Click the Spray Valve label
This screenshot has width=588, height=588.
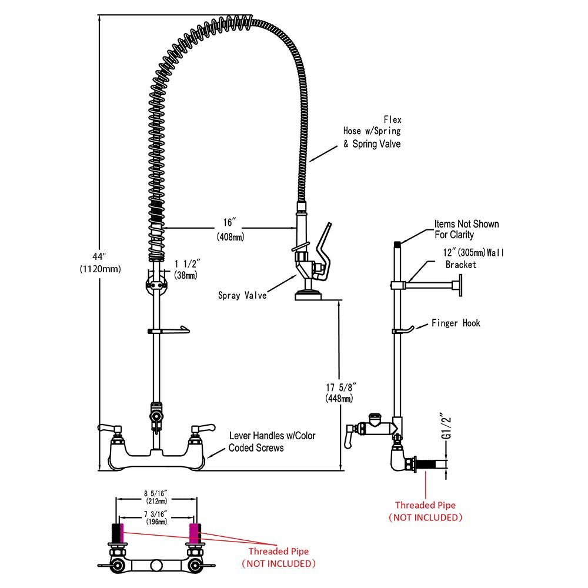tap(242, 296)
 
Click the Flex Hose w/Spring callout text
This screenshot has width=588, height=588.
tap(372, 132)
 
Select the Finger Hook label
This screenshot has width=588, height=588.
tap(456, 323)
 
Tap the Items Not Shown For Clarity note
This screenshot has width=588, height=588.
tap(466, 229)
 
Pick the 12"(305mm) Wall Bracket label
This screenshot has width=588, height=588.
tap(473, 259)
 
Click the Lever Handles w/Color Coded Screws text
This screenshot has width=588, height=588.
tap(272, 442)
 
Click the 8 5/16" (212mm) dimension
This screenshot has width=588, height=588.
tap(157, 497)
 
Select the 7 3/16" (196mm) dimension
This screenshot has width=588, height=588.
tap(157, 518)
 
